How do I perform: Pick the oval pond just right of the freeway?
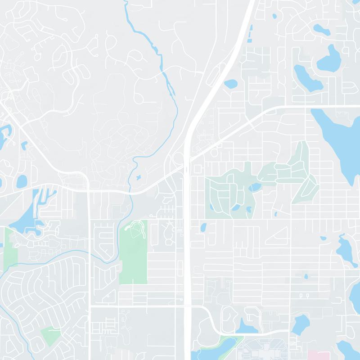[230, 84]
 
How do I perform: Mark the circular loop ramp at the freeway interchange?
[178, 159]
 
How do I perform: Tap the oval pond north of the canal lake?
[21, 182]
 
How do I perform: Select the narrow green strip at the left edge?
[10, 247]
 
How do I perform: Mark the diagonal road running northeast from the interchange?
[234, 128]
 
